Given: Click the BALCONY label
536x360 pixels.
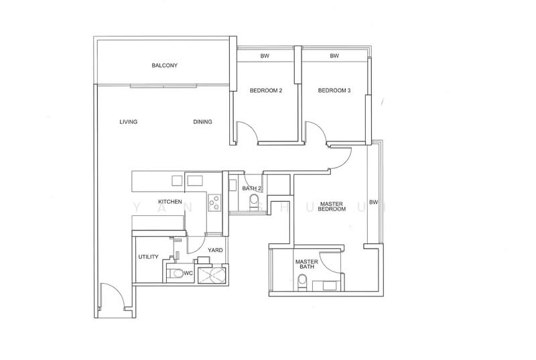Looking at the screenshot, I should pos(164,66).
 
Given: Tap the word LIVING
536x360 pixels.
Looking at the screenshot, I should pos(129,122).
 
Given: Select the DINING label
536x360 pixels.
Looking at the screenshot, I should pos(202,122).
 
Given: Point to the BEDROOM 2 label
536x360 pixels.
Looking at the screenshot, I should pos(266,91).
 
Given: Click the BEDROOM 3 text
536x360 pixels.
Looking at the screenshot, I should pos(334,91).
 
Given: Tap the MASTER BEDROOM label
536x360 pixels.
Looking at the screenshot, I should pos(333,206).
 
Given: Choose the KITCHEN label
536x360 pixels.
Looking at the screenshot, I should pos(170,202).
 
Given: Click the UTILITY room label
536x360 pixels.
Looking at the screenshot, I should pos(148,257).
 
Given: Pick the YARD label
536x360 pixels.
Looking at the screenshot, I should pos(215,250).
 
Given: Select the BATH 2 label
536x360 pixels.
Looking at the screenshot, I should pos(251,189).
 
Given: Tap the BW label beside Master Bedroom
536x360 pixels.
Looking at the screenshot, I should pos(373,202).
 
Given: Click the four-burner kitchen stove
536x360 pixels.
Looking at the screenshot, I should pos(214,200).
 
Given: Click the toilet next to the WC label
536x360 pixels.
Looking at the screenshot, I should pos(175,272).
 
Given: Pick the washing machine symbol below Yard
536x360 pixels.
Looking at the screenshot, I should pos(214,275).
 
